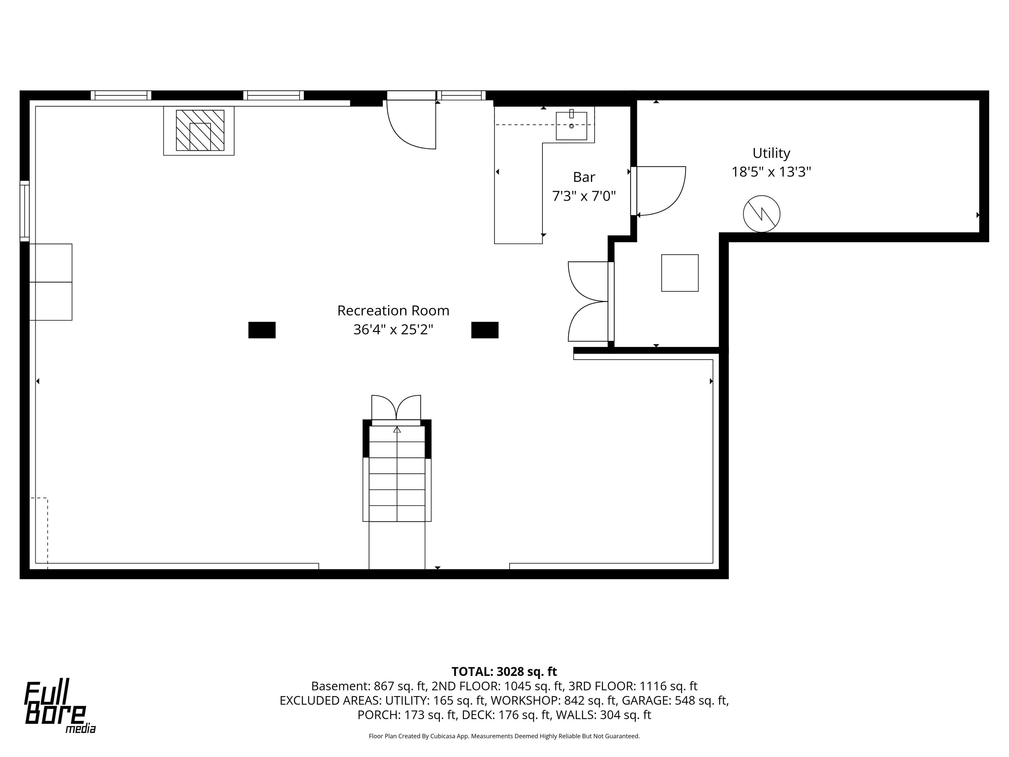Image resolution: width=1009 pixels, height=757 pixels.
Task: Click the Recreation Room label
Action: [x=393, y=311]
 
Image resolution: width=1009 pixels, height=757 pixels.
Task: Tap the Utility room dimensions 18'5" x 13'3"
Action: [x=771, y=172]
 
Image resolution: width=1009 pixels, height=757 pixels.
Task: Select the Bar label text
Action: [x=584, y=177]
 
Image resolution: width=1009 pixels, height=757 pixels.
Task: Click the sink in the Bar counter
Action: [x=571, y=125]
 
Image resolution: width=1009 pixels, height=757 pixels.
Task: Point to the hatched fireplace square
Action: [x=200, y=130]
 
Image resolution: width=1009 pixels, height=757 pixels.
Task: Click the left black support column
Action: [x=262, y=330]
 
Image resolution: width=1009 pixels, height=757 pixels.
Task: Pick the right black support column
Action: [x=485, y=330]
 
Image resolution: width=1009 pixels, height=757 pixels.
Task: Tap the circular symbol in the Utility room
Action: [x=761, y=214]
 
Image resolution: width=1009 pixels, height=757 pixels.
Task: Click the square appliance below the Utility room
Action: [x=680, y=273]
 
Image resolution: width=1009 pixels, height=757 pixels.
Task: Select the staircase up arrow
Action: [x=397, y=429]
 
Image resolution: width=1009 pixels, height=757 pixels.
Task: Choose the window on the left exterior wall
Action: [x=25, y=211]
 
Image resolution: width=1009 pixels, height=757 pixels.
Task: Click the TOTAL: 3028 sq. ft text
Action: [x=504, y=672]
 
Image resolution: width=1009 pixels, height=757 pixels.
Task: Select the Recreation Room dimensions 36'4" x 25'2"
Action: [x=393, y=329]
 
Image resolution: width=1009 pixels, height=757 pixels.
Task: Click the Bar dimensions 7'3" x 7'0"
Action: [x=584, y=196]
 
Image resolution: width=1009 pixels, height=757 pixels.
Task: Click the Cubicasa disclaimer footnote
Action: [x=504, y=736]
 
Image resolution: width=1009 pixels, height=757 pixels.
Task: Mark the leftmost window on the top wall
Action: [x=121, y=95]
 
